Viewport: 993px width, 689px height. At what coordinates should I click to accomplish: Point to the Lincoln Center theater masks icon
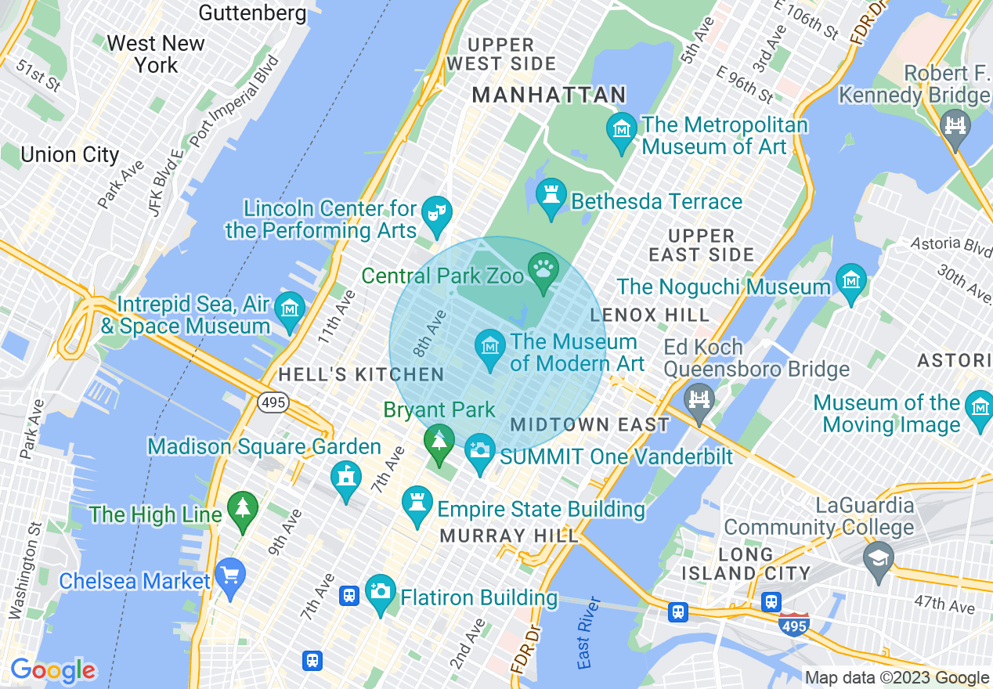tap(434, 211)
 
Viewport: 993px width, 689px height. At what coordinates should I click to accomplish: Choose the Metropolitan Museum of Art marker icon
tap(622, 128)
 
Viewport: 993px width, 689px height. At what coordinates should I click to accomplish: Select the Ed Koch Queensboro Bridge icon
tap(699, 399)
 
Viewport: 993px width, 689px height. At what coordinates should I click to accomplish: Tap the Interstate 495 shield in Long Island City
tap(794, 625)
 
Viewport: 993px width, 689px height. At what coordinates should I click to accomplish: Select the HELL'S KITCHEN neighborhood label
tap(361, 375)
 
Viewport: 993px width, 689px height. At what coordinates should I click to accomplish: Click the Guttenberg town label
tap(253, 13)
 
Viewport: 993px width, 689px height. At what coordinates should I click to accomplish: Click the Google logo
tap(52, 670)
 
